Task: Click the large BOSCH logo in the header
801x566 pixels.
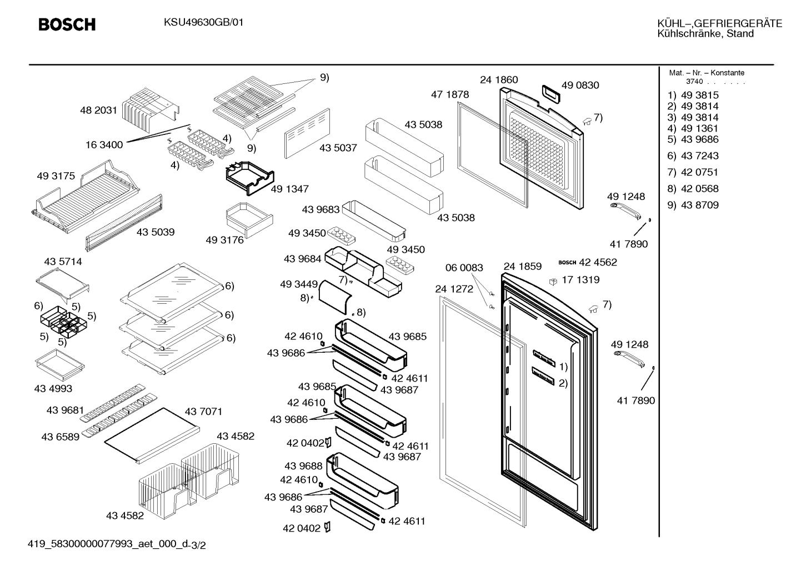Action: [67, 24]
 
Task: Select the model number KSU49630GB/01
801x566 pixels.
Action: [203, 22]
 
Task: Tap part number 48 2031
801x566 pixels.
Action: [98, 110]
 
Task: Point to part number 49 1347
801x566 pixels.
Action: [289, 189]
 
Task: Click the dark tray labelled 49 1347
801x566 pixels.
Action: [250, 178]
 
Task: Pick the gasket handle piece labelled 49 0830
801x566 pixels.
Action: [551, 94]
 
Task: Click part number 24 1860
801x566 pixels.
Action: [499, 79]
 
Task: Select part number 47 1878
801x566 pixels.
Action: [450, 94]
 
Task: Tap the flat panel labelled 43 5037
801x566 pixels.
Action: [307, 133]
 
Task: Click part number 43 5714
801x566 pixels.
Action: [63, 262]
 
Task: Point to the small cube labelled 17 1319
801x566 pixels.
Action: [553, 282]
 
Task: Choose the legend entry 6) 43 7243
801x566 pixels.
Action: [693, 156]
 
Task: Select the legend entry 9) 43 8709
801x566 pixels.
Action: [693, 205]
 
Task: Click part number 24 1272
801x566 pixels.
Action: [454, 289]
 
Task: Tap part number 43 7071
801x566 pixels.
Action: [203, 412]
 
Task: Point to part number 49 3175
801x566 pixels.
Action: [56, 176]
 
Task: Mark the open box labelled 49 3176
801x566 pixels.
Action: [249, 219]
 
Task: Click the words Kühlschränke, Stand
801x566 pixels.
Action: [705, 34]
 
